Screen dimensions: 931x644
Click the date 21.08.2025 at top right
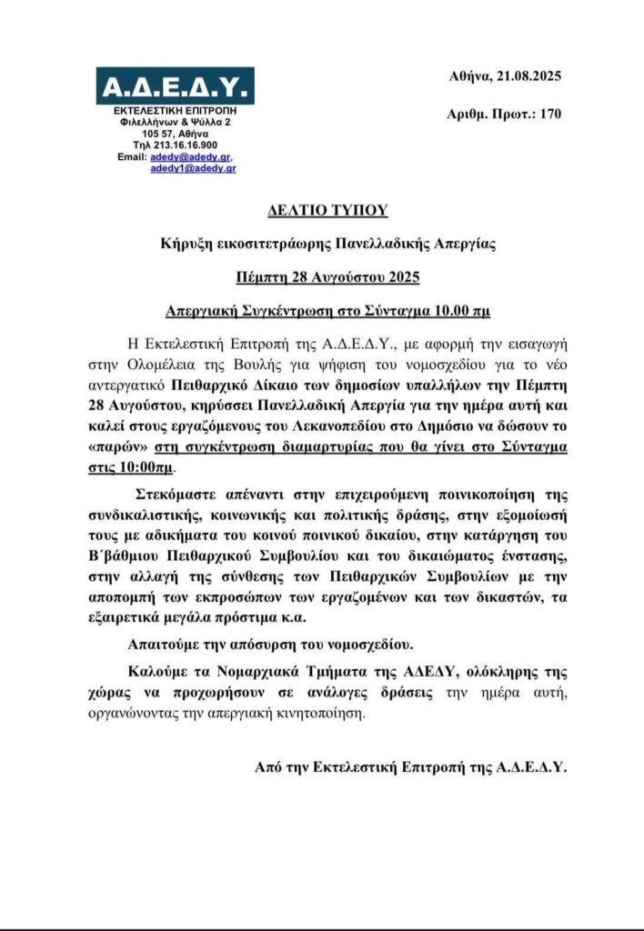tap(527, 76)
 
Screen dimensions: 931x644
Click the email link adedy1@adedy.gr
tap(193, 168)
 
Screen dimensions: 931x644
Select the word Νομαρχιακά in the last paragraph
tap(273, 674)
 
